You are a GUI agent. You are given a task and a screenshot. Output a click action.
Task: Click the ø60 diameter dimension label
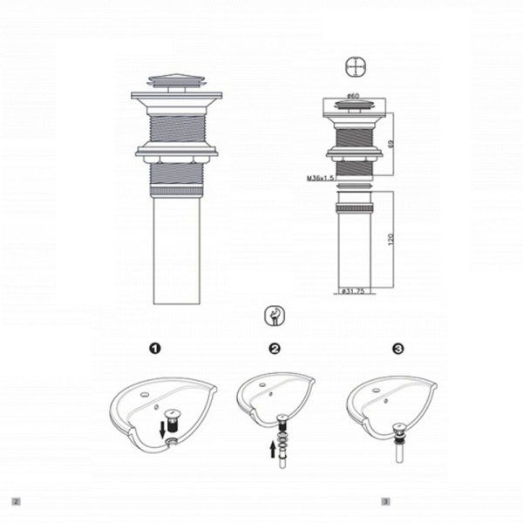354,97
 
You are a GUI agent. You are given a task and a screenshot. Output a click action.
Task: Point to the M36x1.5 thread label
322,178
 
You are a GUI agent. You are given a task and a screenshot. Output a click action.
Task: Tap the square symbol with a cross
353,68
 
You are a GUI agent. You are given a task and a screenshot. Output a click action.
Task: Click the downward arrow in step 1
163,428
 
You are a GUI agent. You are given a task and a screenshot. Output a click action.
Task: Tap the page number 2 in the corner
15,501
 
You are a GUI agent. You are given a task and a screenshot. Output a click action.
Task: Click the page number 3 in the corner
384,501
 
